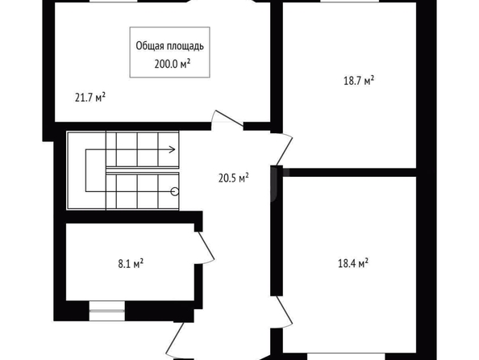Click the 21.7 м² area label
[x=90, y=98]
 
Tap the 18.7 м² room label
[x=359, y=81]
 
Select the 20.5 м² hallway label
[x=233, y=178]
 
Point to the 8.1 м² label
[x=131, y=263]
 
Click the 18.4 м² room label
[x=353, y=263]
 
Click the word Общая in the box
[x=149, y=46]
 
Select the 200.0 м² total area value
[x=173, y=64]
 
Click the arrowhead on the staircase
[x=173, y=149]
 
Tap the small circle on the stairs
[x=175, y=192]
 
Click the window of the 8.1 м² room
[x=107, y=311]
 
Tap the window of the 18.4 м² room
[x=346, y=356]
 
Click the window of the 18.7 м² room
[x=349, y=2]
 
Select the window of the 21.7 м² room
[x=114, y=2]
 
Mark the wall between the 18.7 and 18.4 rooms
[x=349, y=172]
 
